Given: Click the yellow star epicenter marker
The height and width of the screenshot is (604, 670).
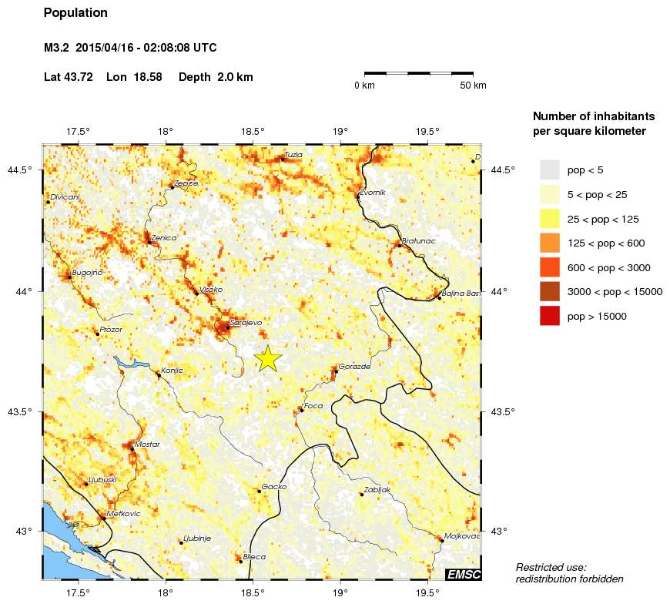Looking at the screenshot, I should (267, 359).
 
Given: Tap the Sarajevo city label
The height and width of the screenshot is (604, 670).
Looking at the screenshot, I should (246, 323).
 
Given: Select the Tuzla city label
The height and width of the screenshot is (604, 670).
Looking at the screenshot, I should (293, 155).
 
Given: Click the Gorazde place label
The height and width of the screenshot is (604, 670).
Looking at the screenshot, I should (354, 367).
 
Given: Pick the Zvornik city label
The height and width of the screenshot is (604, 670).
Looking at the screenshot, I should (372, 193).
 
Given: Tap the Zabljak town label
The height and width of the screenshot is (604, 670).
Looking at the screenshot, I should (377, 490).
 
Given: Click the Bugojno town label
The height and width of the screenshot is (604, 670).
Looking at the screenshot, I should (86, 273).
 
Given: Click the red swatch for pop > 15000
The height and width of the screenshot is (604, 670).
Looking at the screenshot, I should (549, 316).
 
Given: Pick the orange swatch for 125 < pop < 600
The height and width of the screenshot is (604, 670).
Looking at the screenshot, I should (549, 243).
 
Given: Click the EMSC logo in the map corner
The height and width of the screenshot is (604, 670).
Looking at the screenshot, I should (464, 574).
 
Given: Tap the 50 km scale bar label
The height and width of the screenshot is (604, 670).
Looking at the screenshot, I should (473, 86).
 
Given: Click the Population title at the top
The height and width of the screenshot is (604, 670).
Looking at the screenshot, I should (75, 13).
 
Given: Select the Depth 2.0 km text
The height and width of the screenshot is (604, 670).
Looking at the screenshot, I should (216, 77).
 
